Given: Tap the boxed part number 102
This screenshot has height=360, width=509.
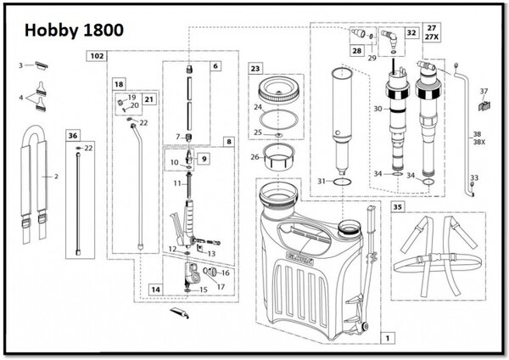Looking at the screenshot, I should point(98,56).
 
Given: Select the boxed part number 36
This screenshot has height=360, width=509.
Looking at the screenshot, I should point(73,135).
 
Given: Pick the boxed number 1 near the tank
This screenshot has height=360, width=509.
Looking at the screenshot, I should point(388,337).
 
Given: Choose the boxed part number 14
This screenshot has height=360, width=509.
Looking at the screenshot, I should point(155,290).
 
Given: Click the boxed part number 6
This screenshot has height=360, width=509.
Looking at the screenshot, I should point(215,65).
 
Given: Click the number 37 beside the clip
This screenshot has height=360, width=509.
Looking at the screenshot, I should point(484,91).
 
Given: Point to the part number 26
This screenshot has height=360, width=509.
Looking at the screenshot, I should point(255,156).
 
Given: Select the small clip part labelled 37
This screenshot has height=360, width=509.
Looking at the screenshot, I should point(484,106).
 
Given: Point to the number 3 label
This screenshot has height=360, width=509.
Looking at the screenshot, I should point(20,65).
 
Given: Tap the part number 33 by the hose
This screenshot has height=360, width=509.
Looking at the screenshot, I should point(474,177).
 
